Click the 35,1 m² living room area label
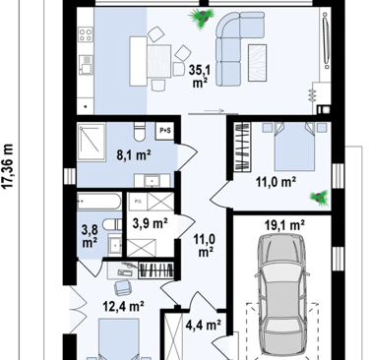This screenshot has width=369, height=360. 200,77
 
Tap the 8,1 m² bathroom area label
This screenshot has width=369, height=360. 134,155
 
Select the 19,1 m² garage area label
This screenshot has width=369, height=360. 284,225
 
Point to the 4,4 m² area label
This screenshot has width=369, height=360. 203,326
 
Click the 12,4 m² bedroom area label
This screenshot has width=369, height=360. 123,307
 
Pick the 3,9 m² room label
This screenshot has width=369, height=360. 151,223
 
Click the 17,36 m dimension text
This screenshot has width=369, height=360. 8,166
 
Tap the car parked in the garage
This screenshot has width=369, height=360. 281,294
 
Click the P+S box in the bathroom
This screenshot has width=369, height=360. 165,131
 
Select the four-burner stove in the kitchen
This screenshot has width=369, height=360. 86,34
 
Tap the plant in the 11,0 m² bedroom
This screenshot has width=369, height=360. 319,199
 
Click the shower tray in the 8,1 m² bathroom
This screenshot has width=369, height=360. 92,142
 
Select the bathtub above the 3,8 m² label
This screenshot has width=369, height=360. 99,201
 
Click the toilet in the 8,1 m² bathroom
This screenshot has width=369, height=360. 140,132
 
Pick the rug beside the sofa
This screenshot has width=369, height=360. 257,63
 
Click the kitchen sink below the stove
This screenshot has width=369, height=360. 86,65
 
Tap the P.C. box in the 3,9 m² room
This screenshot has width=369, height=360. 138,202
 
